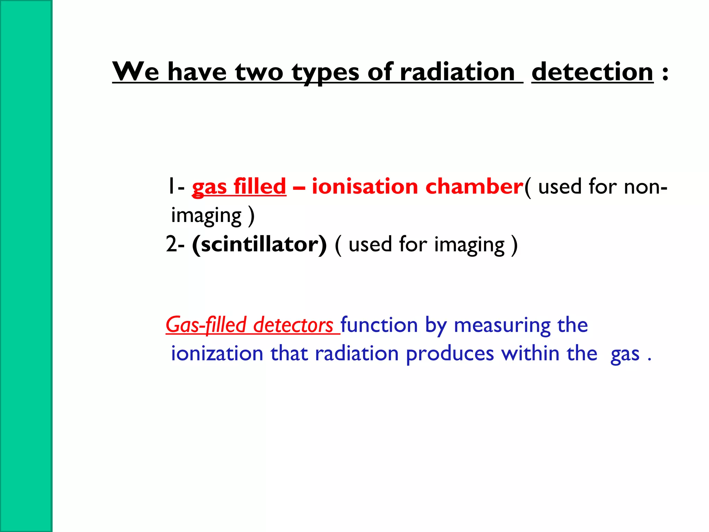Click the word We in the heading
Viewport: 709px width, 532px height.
point(136,72)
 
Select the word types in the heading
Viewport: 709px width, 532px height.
point(325,73)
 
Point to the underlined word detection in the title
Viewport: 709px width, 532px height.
point(592,72)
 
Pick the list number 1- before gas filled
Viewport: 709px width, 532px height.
point(176,186)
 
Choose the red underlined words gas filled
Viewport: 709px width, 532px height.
point(239,187)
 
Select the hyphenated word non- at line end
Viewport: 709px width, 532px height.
point(645,187)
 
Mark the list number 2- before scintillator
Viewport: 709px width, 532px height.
point(175,244)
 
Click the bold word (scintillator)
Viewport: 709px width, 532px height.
point(259,245)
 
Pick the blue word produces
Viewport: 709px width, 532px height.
point(450,354)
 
